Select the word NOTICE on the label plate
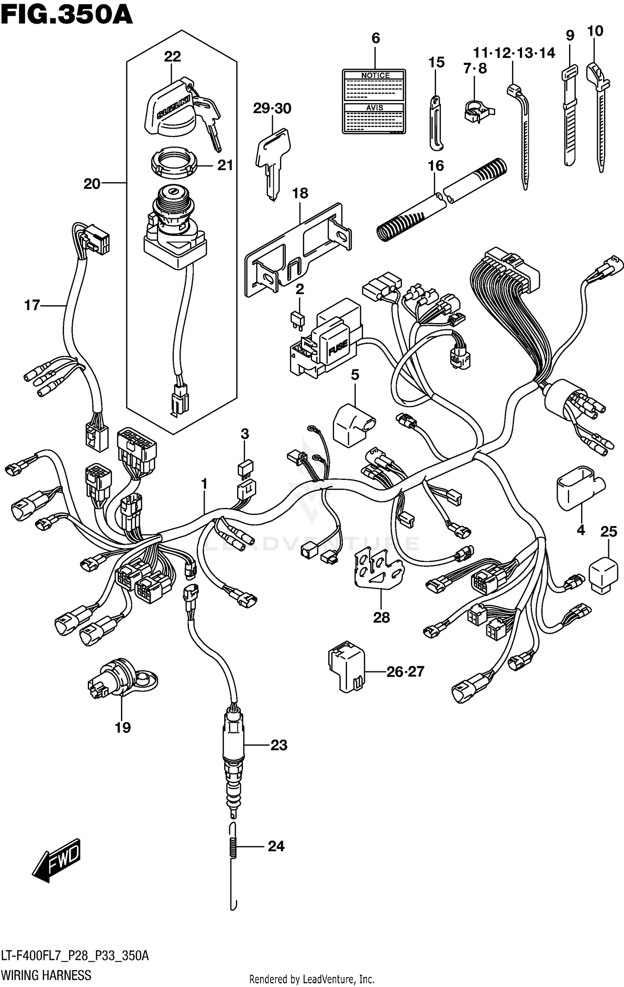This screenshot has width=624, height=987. pyautogui.click(x=375, y=75)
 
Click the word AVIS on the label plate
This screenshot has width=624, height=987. pyautogui.click(x=374, y=108)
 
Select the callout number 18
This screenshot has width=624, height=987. pyautogui.click(x=300, y=193)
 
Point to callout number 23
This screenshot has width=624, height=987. pyautogui.click(x=279, y=745)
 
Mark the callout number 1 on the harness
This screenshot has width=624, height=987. pyautogui.click(x=204, y=484)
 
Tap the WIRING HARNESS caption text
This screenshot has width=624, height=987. pyautogui.click(x=46, y=975)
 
